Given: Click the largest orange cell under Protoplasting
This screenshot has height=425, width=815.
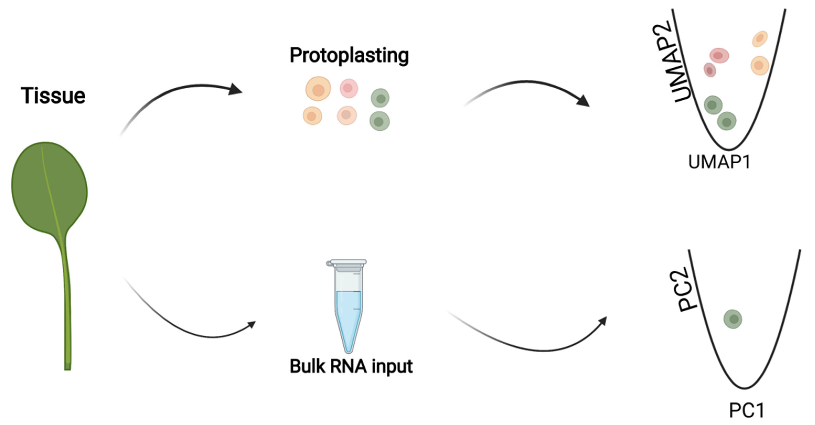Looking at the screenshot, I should click(x=318, y=89).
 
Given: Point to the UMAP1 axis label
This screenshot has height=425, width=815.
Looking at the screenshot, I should click(x=719, y=163).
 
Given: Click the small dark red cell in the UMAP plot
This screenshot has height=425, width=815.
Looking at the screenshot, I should click(x=710, y=70).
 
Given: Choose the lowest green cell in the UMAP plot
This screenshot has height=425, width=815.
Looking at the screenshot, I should click(x=726, y=121).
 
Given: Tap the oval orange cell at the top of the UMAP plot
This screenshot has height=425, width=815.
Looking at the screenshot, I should click(x=760, y=39).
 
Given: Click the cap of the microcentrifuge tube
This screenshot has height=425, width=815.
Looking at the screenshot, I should click(x=347, y=263).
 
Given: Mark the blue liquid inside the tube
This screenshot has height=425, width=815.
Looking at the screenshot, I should click(x=348, y=313).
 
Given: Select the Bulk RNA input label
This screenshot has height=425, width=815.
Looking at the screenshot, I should click(x=351, y=367).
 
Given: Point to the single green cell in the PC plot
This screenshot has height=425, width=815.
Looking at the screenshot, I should click(x=733, y=319).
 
